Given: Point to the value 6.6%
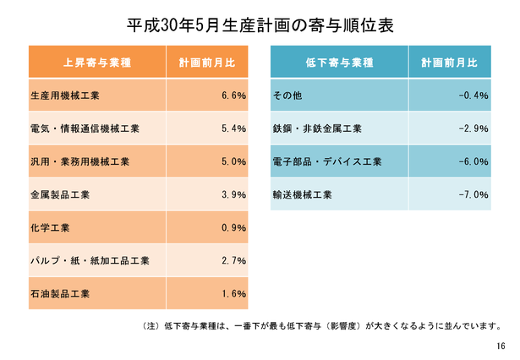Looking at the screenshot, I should click(x=233, y=95).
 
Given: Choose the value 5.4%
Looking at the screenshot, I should click(x=233, y=128).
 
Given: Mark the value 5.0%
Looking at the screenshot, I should click(x=233, y=161).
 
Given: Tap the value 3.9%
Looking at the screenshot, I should click(x=233, y=194).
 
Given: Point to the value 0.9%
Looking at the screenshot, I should click(x=233, y=227).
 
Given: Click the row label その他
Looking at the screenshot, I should click(x=285, y=95).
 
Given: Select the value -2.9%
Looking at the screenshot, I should click(x=473, y=128).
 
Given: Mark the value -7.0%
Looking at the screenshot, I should click(x=473, y=194).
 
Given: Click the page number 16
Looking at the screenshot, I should click(x=501, y=346).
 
